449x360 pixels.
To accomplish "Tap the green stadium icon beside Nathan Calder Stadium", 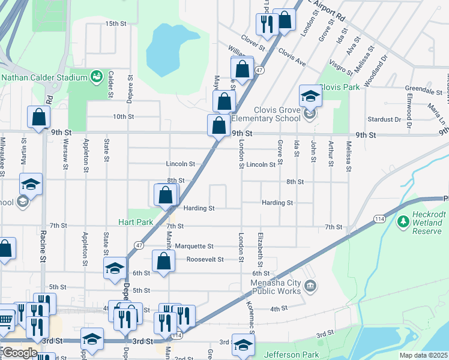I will point(95,76).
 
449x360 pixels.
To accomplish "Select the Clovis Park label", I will point(339,86).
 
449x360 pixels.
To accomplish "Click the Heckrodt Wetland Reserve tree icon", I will point(403,223).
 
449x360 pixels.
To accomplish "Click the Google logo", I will point(19,352).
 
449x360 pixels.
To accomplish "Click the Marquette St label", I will point(194,246).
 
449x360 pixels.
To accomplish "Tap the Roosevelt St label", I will point(205,259).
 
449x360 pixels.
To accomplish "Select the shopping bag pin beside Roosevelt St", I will point(163,262).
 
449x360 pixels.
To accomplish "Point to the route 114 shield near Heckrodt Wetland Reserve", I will point(379,220).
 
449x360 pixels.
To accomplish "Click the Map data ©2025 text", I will point(423,355).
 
